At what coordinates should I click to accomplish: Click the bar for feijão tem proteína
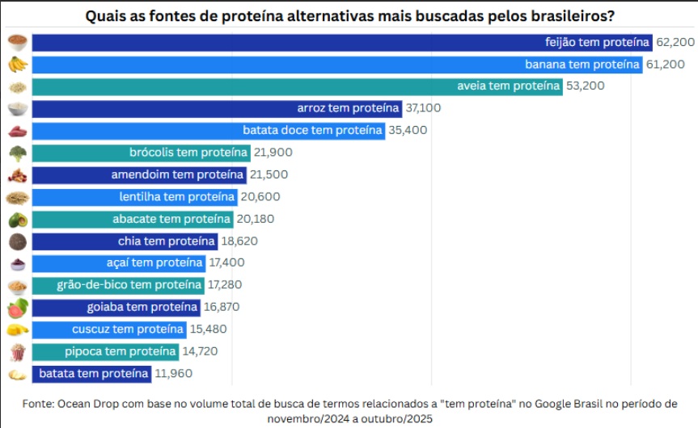(x=340, y=41)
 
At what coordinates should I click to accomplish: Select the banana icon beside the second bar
(x=16, y=64)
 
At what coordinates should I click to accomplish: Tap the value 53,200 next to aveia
(x=586, y=86)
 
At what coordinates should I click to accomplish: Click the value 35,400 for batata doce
(x=408, y=129)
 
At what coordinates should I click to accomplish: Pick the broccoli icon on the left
(x=16, y=152)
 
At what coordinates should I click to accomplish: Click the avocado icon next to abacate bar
(x=16, y=219)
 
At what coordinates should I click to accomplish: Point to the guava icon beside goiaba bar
(x=16, y=307)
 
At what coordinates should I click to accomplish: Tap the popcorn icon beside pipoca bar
(x=16, y=351)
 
